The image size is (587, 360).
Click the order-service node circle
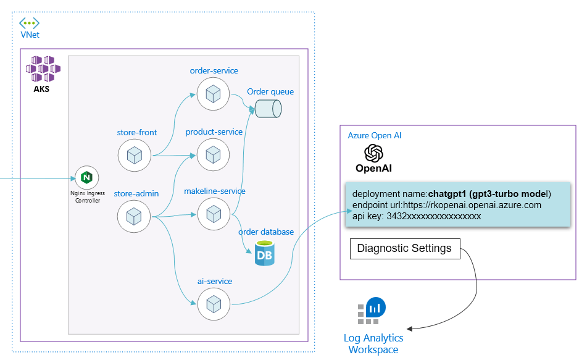pyautogui.click(x=213, y=94)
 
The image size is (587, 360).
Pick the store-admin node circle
pyautogui.click(x=135, y=216)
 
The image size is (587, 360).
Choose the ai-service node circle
pyautogui.click(x=214, y=304)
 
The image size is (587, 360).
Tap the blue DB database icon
pyautogui.click(x=264, y=254)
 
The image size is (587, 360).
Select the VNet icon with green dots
pyautogui.click(x=29, y=23)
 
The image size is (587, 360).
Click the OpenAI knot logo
pyautogui.click(x=373, y=153)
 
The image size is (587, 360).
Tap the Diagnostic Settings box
pyautogui.click(x=404, y=249)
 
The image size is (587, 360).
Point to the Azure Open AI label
pyautogui.click(x=375, y=135)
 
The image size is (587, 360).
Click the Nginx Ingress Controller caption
pyautogui.click(x=87, y=196)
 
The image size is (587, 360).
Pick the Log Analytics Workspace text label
pyautogui.click(x=373, y=344)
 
